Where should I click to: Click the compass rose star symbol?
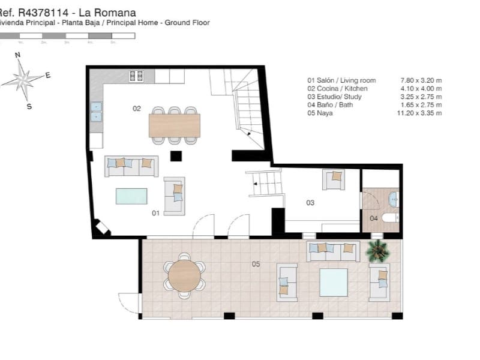pyautogui.click(x=23, y=78)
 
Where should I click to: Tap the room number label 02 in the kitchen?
pyautogui.click(x=137, y=109)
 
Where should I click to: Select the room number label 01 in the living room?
pyautogui.click(x=155, y=213)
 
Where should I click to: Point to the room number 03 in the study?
pyautogui.click(x=310, y=203)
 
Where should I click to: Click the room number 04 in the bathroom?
pyautogui.click(x=374, y=218)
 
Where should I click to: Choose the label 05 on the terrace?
pyautogui.click(x=256, y=264)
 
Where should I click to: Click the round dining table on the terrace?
pyautogui.click(x=184, y=276)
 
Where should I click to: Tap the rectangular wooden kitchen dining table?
pyautogui.click(x=175, y=125)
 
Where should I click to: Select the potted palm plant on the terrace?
pyautogui.click(x=378, y=251)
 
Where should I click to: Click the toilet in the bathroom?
pyautogui.click(x=391, y=218)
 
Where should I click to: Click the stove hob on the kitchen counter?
pyautogui.click(x=136, y=76)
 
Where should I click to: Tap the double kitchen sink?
pyautogui.click(x=96, y=112)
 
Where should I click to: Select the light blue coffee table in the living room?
pyautogui.click(x=131, y=196)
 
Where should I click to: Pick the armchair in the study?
pyautogui.click(x=334, y=179)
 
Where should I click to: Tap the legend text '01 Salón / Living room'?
pyautogui.click(x=341, y=80)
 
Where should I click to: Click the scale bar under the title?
pyautogui.click(x=67, y=36)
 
